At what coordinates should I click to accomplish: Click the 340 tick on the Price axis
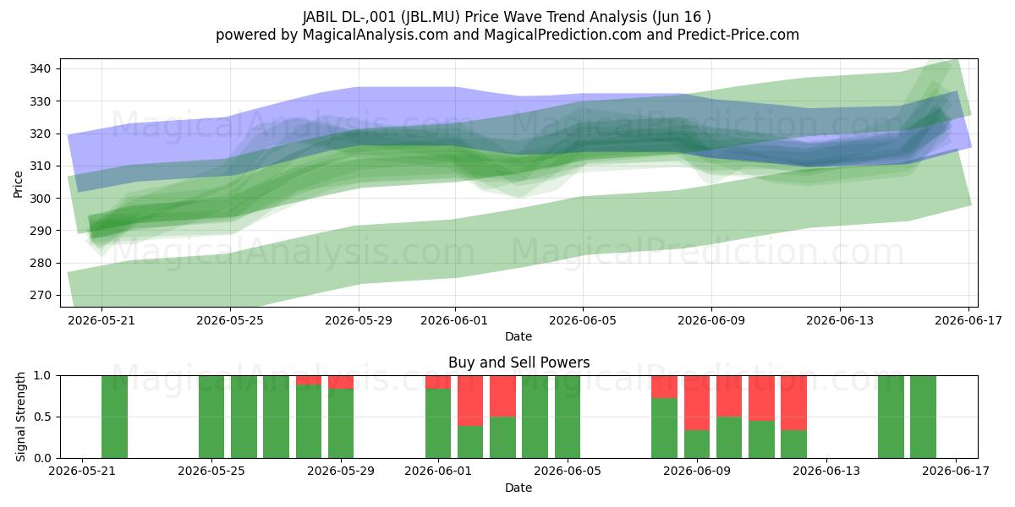(x=41, y=68)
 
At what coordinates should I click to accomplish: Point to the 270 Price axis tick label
(x=41, y=295)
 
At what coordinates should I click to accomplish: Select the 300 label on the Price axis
(x=41, y=199)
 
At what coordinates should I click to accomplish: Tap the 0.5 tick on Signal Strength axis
(x=42, y=417)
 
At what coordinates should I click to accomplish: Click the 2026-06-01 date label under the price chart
(x=454, y=320)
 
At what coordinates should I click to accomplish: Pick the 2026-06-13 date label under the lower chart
(x=826, y=471)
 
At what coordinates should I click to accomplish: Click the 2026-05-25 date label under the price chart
(x=230, y=320)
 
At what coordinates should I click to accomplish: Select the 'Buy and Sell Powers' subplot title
(x=518, y=363)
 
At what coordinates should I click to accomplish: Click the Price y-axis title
(x=18, y=184)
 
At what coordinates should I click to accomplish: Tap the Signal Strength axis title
(x=20, y=417)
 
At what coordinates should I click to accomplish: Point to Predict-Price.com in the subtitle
(x=738, y=35)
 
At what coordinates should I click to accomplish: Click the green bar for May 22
(x=114, y=417)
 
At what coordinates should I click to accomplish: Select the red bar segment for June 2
(x=470, y=401)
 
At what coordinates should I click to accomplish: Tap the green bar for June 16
(x=923, y=417)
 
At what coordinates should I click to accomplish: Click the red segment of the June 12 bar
(x=793, y=403)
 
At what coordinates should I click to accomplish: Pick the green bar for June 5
(x=568, y=417)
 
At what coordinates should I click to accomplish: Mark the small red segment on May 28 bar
(x=309, y=380)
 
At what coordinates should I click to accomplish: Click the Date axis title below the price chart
(x=518, y=336)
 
